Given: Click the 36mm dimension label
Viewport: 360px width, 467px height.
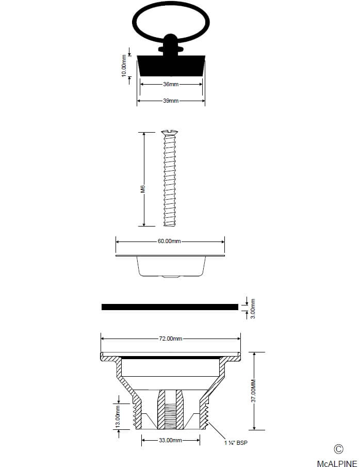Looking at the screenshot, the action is (171, 84).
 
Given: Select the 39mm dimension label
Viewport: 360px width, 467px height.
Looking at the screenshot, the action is (171, 101).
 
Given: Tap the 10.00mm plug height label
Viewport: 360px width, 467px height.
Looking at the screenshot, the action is (124, 66).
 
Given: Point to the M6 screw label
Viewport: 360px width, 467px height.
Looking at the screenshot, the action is (143, 189).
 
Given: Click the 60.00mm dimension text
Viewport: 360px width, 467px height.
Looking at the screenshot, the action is (169, 241).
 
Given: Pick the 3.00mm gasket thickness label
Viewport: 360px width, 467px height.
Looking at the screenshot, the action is (253, 309).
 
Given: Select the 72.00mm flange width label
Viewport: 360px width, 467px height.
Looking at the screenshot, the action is (170, 339).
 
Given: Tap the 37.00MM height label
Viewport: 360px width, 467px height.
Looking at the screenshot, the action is (253, 391).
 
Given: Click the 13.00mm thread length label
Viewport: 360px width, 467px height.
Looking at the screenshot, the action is (118, 416).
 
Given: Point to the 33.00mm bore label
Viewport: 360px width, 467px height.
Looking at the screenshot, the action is (170, 440).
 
